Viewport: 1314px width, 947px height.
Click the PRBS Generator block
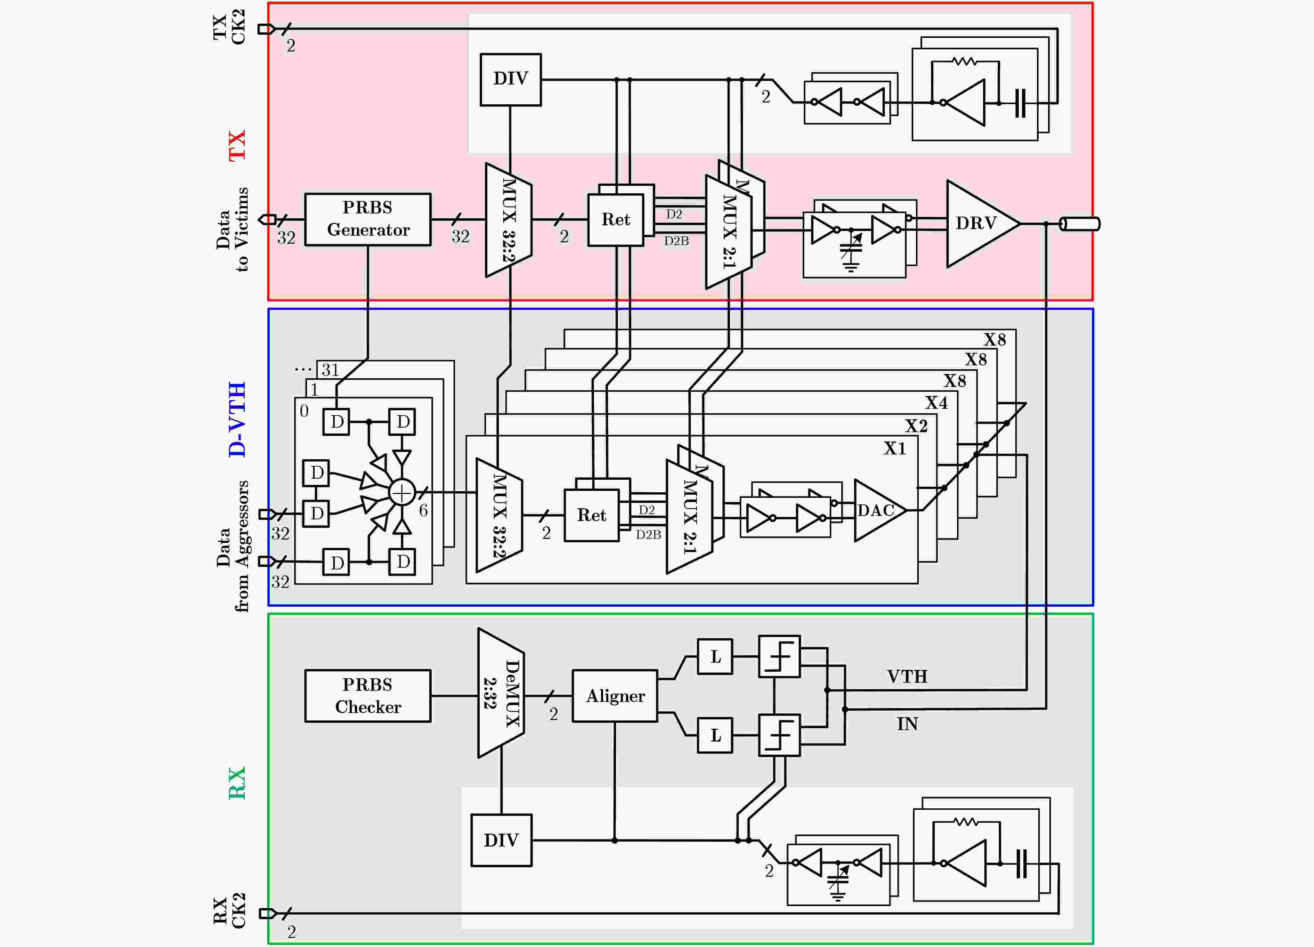point(368,219)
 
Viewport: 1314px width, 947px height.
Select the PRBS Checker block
point(368,695)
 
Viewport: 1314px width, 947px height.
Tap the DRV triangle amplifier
point(983,224)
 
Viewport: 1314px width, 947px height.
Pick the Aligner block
point(615,695)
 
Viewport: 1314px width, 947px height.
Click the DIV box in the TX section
point(510,79)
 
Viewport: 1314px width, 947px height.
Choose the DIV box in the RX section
point(501,840)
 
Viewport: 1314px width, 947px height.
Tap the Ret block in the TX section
point(615,220)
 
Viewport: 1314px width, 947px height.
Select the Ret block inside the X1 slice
point(592,515)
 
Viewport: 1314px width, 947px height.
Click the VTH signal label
point(907,676)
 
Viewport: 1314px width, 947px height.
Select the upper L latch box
point(715,657)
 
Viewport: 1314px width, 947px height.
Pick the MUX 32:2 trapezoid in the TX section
point(509,220)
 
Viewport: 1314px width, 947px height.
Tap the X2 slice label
point(917,426)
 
